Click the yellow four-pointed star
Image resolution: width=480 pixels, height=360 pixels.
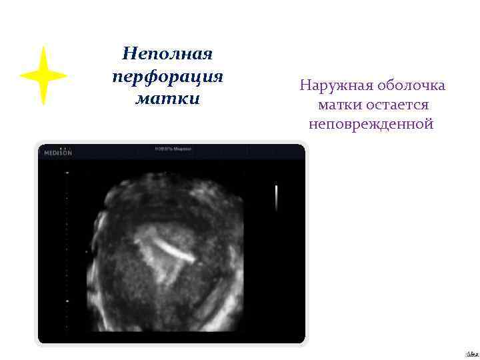43,75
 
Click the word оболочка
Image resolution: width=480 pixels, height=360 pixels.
411,86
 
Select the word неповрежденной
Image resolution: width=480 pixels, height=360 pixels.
371,124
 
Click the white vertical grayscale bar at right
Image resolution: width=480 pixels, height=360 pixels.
276,197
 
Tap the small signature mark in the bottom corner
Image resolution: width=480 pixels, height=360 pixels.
471,353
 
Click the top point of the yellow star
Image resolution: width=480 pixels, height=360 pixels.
43,47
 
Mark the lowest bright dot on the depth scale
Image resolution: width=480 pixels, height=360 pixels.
67,301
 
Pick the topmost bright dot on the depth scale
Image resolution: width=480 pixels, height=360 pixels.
67,173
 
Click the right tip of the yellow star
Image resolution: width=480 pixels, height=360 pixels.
67,75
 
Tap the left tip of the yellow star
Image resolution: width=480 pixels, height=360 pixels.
20,75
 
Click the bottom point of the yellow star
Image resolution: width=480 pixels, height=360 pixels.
43,105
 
